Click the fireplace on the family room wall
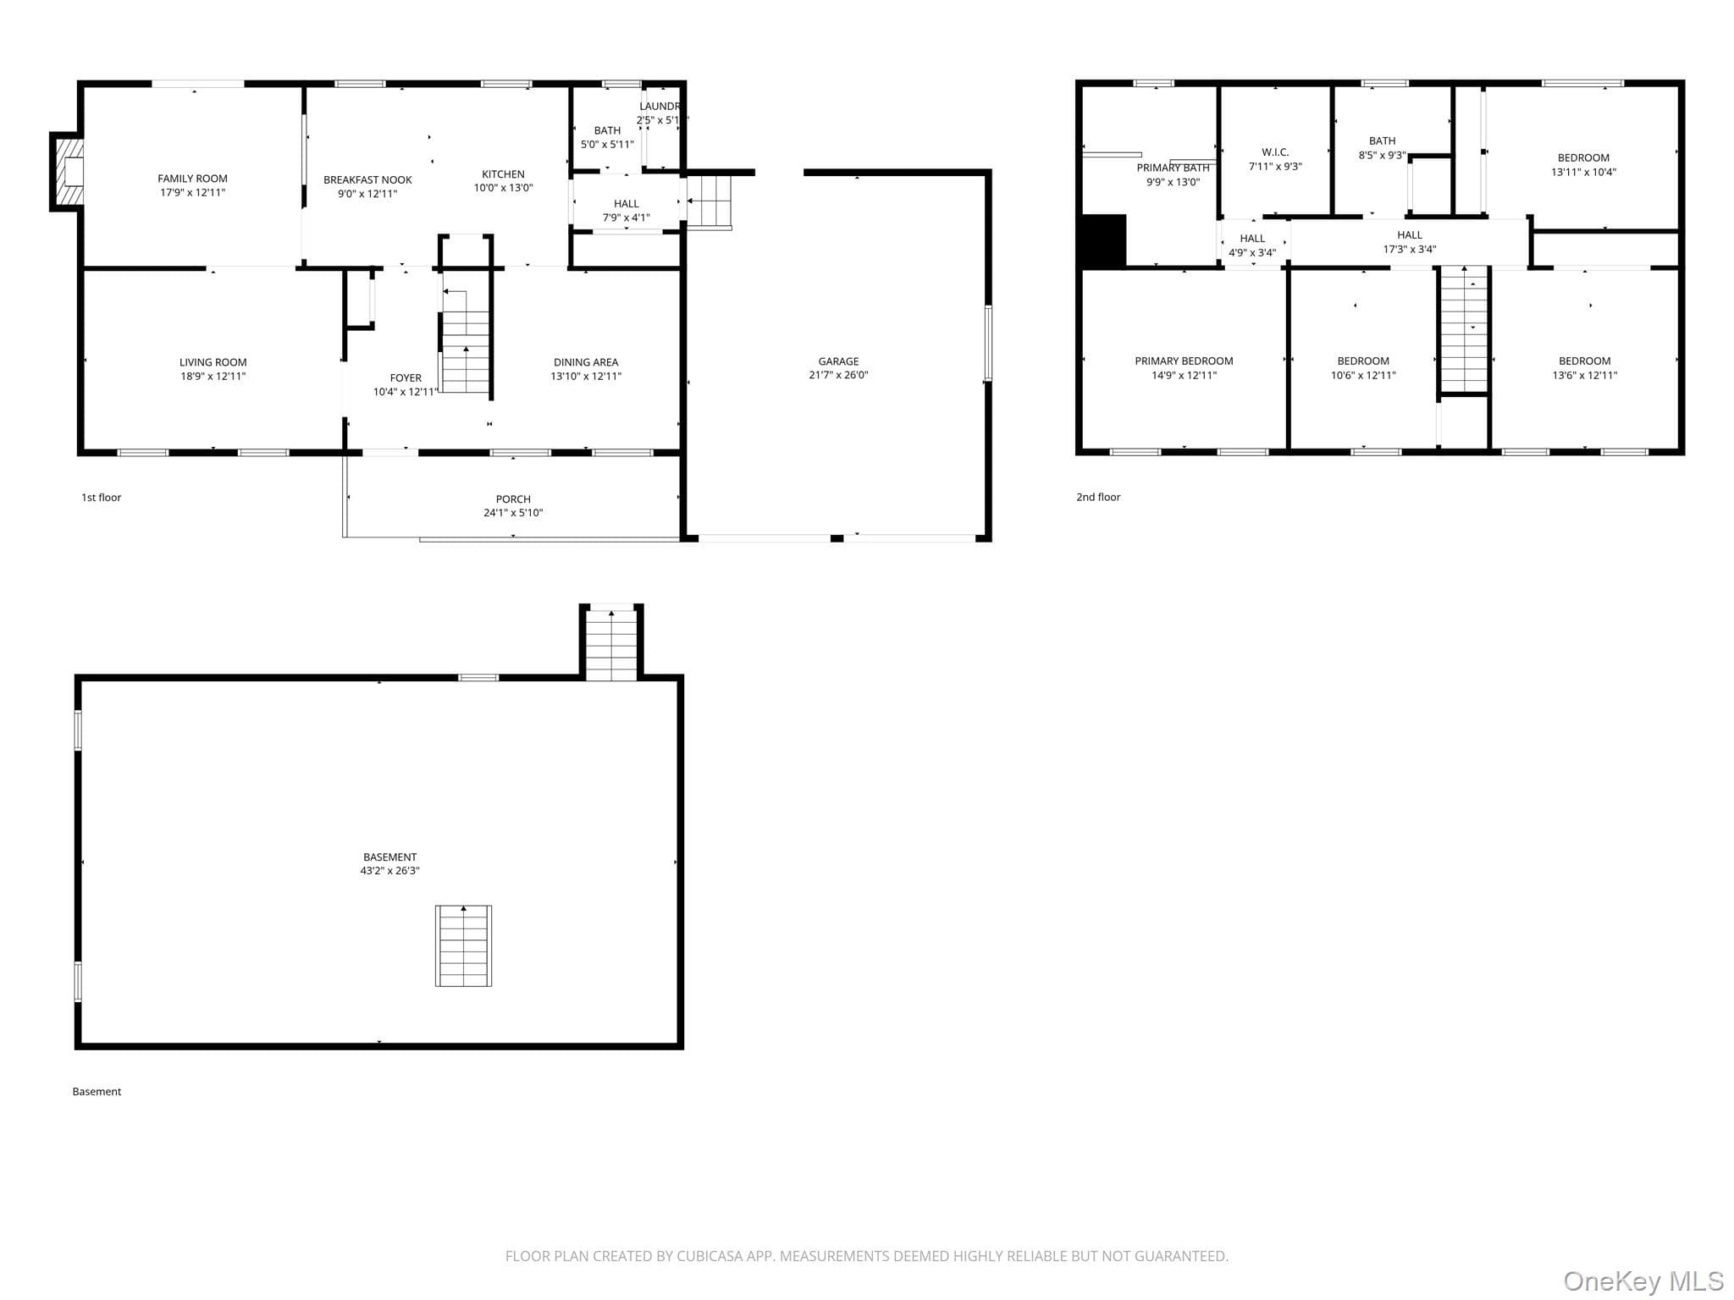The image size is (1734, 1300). tap(67, 172)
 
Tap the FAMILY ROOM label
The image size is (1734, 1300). tap(192, 179)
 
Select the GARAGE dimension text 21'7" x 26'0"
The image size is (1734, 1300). tap(838, 375)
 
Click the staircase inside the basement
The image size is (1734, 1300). tap(463, 945)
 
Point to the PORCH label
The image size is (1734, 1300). tap(513, 499)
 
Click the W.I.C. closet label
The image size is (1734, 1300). tap(1275, 152)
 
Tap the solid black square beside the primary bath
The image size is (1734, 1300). tap(1104, 241)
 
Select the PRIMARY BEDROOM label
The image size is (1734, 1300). tap(1184, 361)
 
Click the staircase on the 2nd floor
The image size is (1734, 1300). tap(1464, 329)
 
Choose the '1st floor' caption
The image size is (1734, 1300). tap(101, 498)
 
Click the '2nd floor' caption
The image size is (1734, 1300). tap(1098, 498)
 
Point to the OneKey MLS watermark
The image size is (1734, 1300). tap(1643, 1281)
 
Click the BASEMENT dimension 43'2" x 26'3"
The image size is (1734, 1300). tap(389, 871)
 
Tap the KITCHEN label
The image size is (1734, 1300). tap(503, 174)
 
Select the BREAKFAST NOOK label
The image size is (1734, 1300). tap(367, 180)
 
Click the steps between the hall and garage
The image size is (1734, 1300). tap(709, 201)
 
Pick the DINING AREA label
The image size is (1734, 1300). tap(586, 362)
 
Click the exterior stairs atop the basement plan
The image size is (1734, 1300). tap(611, 643)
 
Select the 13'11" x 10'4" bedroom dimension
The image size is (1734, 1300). tap(1583, 172)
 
